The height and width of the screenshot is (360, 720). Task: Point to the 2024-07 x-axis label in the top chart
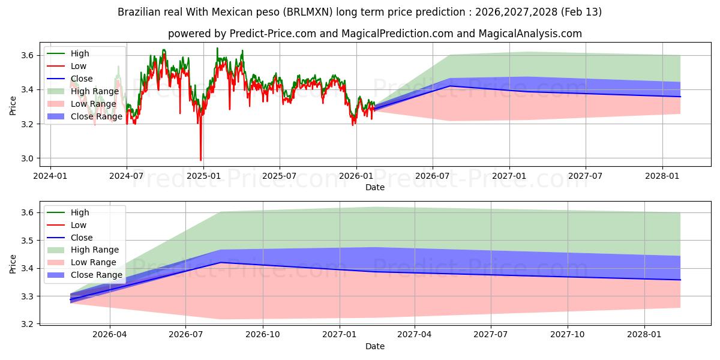coord(127,176)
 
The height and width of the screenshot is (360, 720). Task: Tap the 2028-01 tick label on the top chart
coord(662,176)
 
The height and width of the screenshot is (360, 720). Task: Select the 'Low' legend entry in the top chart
coord(78,66)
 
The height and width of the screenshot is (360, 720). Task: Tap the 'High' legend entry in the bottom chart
coord(79,212)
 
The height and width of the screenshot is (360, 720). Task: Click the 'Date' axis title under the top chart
coord(375,187)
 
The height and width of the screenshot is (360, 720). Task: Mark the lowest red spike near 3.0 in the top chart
coord(200,160)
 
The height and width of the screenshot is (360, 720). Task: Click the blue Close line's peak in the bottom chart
coord(221,262)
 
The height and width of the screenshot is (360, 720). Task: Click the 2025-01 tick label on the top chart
coord(203,176)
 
